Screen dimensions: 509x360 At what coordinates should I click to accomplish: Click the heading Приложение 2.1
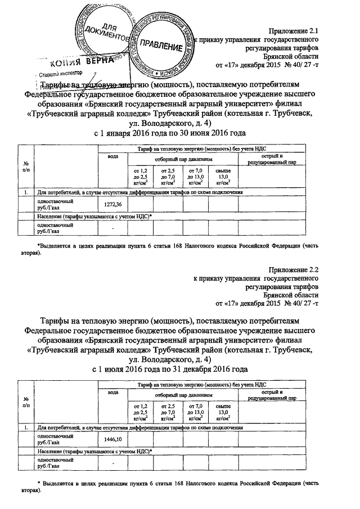(294, 31)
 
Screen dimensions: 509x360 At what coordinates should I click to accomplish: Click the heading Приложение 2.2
(294, 270)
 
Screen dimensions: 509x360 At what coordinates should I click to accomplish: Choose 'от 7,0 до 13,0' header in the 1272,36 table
(195, 176)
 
